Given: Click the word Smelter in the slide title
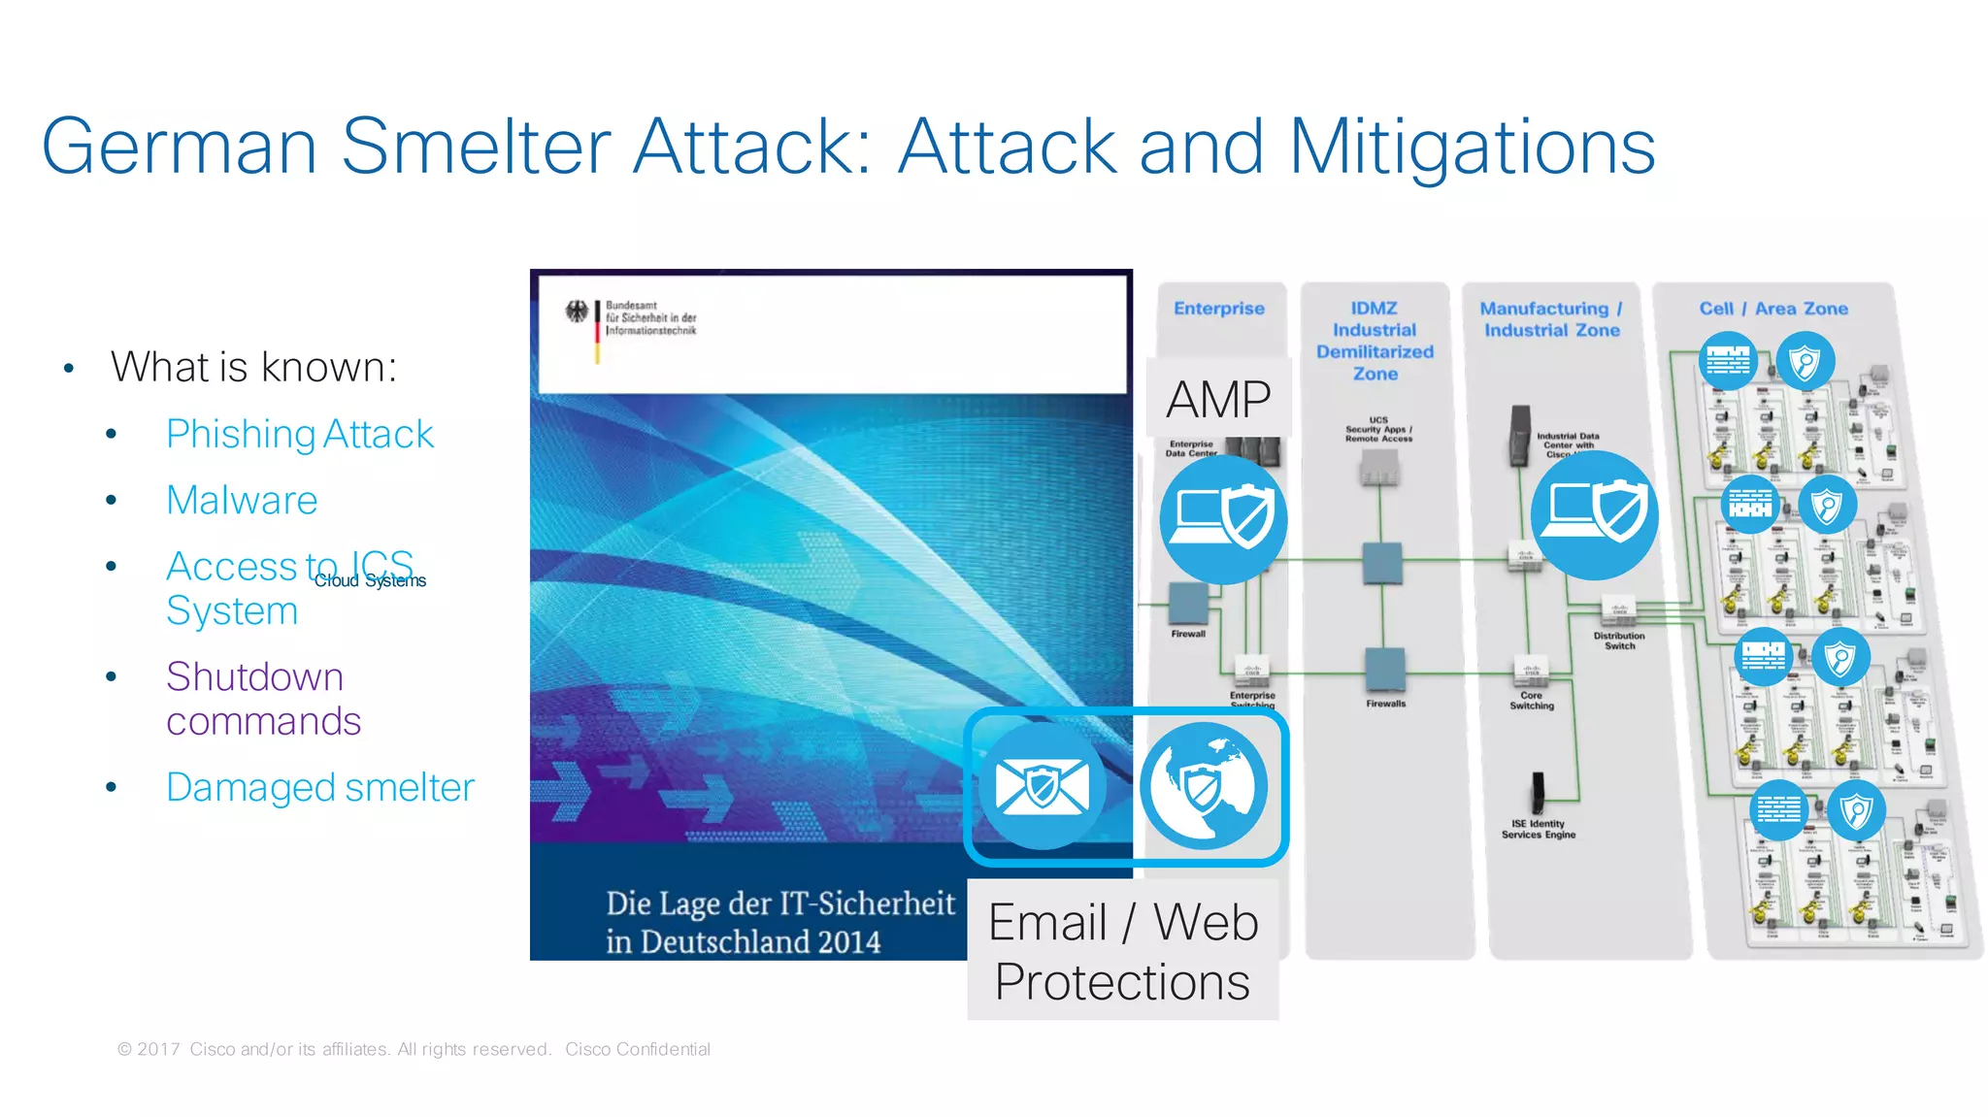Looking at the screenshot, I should (x=476, y=148).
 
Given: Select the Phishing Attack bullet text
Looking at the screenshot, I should (x=299, y=434).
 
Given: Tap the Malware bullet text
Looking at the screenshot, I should (x=242, y=500).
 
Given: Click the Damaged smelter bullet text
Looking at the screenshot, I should (x=320, y=787).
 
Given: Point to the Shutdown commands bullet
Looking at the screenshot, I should (x=262, y=699).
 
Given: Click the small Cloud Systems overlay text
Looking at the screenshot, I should (x=370, y=580).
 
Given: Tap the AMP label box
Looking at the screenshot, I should (x=1218, y=399).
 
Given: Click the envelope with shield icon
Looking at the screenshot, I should (x=1043, y=785).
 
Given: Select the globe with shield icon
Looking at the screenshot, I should (x=1204, y=785).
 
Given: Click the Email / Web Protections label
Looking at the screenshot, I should (x=1123, y=951).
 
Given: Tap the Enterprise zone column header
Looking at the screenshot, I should (x=1219, y=309).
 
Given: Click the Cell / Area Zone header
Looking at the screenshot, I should (x=1773, y=309).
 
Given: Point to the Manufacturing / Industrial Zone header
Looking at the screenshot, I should (x=1551, y=319).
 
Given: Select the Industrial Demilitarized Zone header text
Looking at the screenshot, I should (x=1375, y=341).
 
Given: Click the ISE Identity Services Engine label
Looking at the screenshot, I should (x=1539, y=829).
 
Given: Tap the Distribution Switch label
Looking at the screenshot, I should (x=1619, y=641).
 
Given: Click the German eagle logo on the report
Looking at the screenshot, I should (x=578, y=312).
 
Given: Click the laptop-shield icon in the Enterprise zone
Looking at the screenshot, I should (x=1223, y=519).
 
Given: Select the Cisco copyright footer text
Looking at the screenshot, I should (x=414, y=1049).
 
